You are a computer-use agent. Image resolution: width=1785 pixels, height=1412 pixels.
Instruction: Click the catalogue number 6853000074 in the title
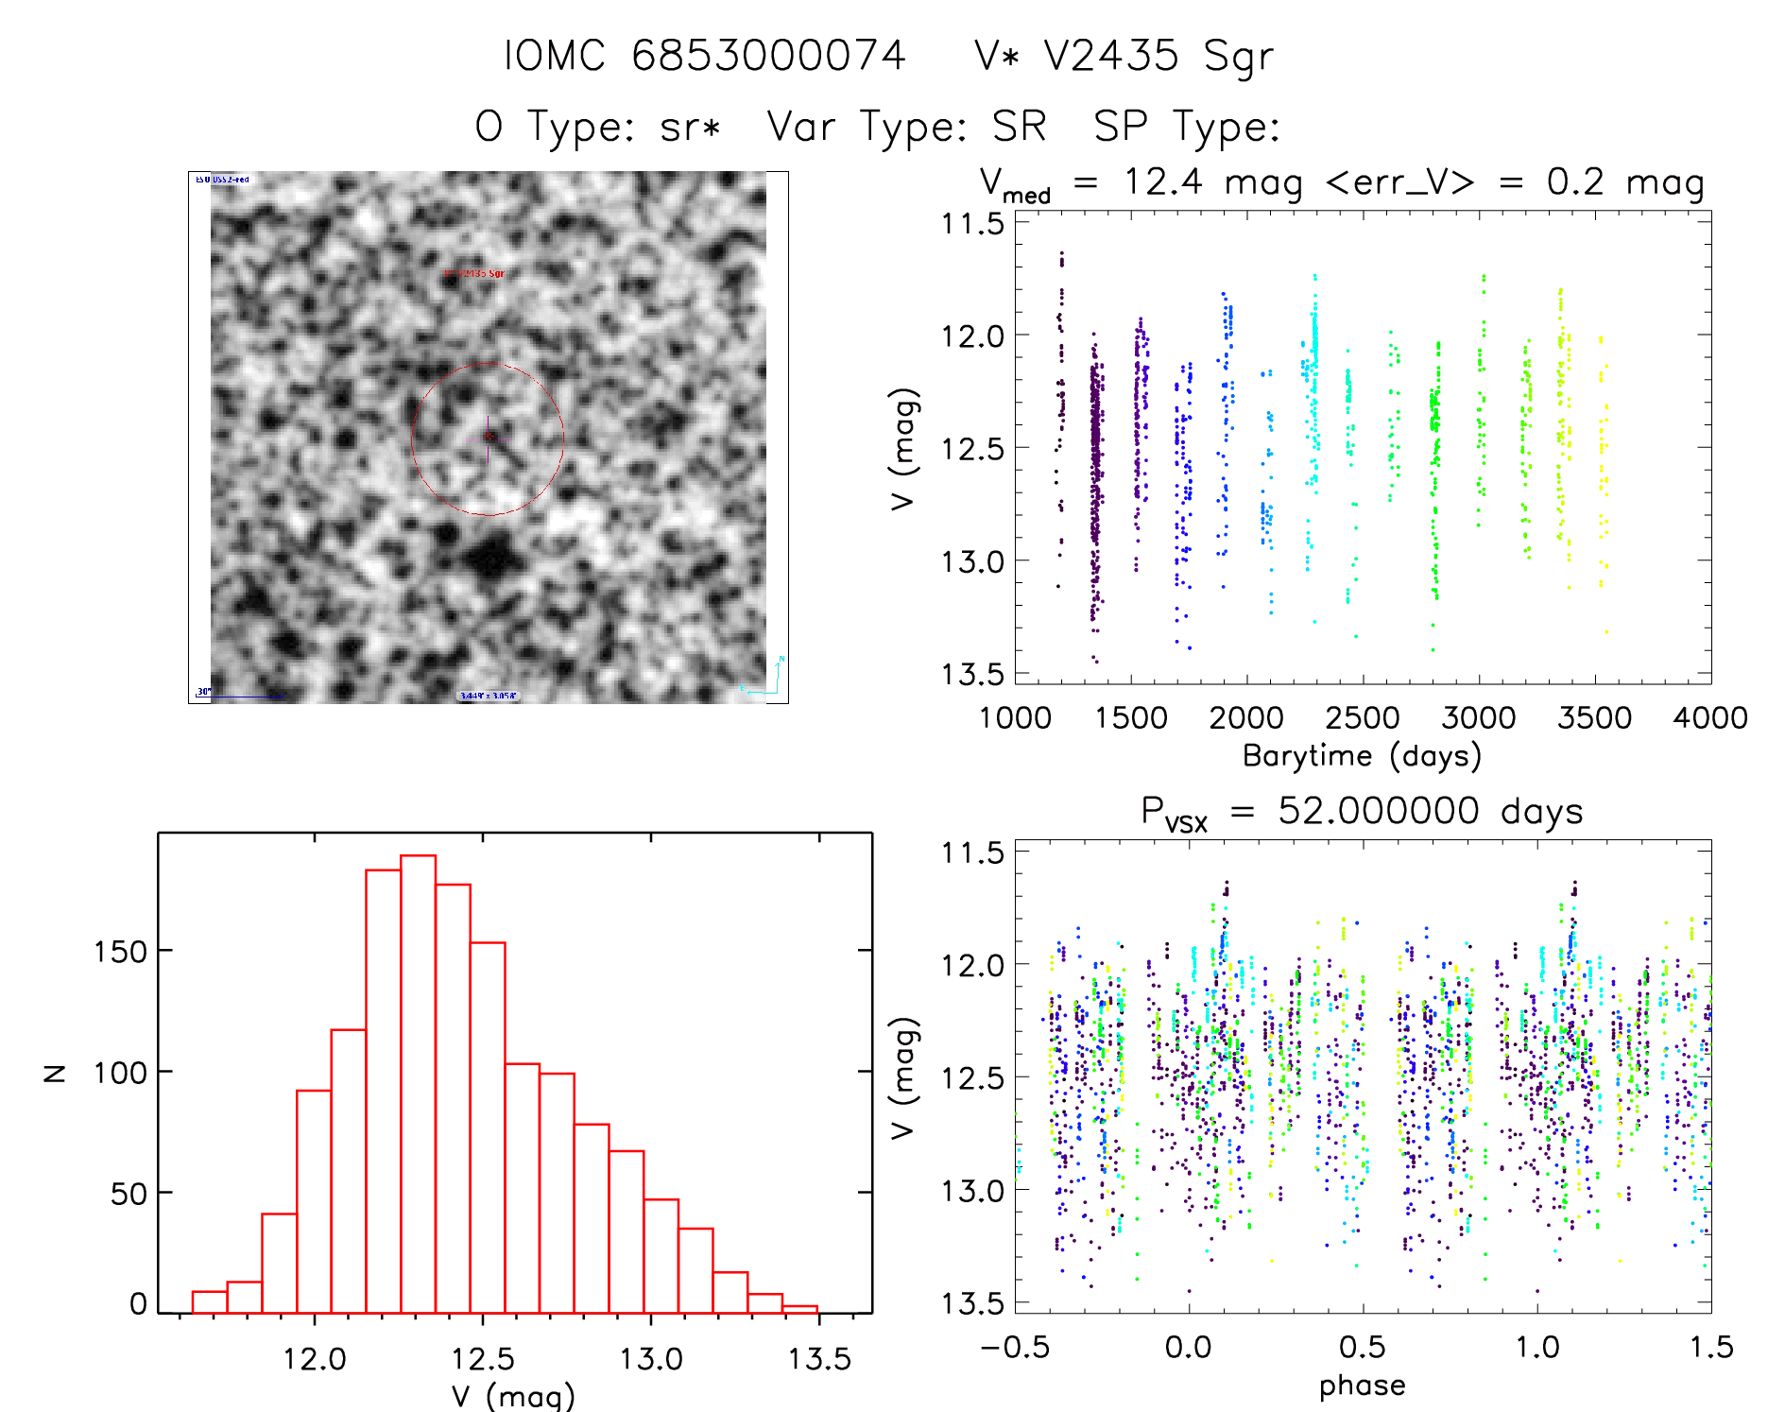768,56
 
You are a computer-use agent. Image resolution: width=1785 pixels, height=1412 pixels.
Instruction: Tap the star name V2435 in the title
1111,56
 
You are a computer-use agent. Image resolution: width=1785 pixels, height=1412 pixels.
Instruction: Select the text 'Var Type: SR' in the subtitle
906,127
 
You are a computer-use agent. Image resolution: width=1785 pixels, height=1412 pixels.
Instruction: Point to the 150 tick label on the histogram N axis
120,952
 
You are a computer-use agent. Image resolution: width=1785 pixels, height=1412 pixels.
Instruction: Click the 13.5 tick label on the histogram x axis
819,1359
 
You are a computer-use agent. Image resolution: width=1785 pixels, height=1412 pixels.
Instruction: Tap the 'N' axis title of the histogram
56,1072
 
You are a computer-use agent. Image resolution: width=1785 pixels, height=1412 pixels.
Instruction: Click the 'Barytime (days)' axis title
1362,756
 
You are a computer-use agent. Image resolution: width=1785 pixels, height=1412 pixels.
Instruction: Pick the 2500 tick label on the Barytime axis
1363,718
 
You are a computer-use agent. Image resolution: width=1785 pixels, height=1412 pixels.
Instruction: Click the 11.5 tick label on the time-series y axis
972,224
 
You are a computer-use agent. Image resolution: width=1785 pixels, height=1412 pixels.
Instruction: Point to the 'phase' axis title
1362,1386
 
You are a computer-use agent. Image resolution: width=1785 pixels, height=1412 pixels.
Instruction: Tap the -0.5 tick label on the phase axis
1014,1347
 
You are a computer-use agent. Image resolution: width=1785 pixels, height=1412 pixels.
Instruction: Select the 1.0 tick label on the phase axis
1537,1347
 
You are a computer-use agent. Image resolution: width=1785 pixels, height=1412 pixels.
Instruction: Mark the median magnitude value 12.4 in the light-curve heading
1163,181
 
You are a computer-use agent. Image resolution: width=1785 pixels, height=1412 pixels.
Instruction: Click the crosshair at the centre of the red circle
488,437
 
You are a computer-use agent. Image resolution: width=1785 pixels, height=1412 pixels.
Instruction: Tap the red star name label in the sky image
474,273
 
